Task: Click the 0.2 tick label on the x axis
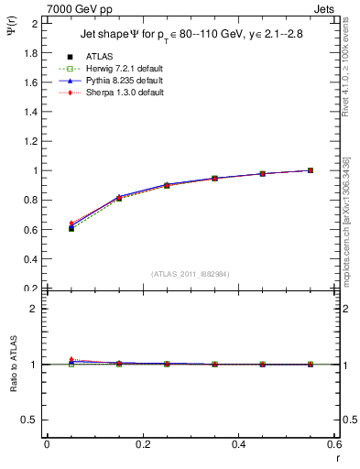(x=142, y=444)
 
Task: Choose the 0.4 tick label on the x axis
(x=238, y=444)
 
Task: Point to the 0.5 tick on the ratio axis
(x=32, y=420)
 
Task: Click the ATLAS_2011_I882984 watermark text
(x=189, y=273)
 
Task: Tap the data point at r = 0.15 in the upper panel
(x=119, y=198)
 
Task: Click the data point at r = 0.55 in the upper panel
(x=311, y=170)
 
